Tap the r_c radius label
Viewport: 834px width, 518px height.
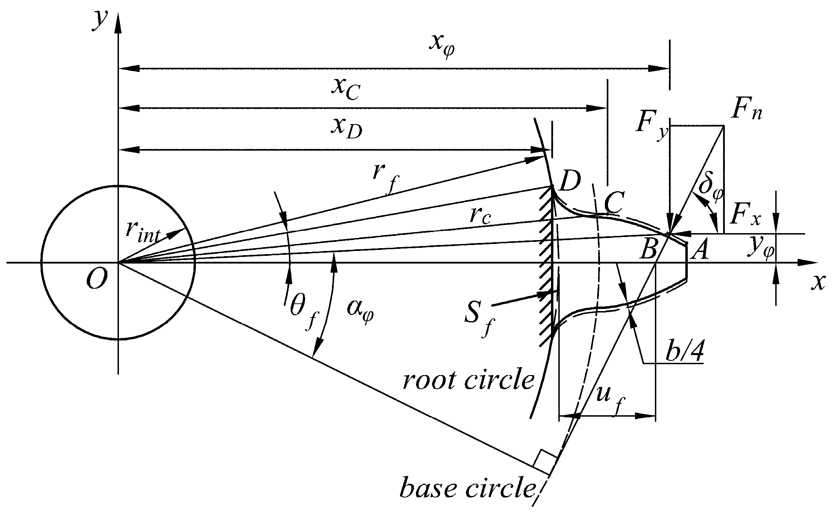click(480, 217)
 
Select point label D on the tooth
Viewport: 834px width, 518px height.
click(569, 181)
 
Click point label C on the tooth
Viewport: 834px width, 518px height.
click(612, 204)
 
